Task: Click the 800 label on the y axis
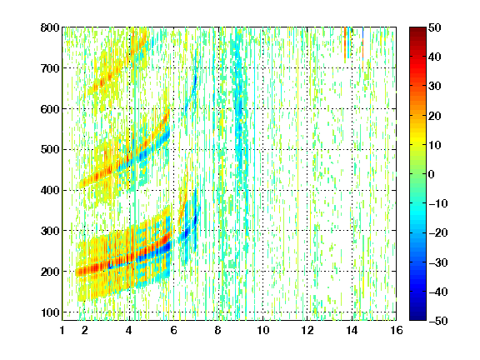pyautogui.click(x=50, y=27)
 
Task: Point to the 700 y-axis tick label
pyautogui.click(x=50, y=68)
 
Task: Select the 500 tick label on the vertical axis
pyautogui.click(x=50, y=150)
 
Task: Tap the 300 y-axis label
pyautogui.click(x=50, y=231)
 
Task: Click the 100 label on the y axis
pyautogui.click(x=50, y=312)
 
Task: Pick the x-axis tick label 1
pyautogui.click(x=62, y=330)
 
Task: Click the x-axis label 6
pyautogui.click(x=173, y=330)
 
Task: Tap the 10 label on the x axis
pyautogui.click(x=262, y=330)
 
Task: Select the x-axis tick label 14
pyautogui.click(x=352, y=330)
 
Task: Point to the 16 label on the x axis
pyautogui.click(x=397, y=330)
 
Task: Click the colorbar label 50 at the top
pyautogui.click(x=434, y=27)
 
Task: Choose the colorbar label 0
pyautogui.click(x=432, y=174)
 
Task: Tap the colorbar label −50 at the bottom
pyautogui.click(x=438, y=321)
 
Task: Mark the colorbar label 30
pyautogui.click(x=434, y=87)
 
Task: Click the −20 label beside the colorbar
pyautogui.click(x=438, y=232)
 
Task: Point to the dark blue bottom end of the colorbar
pyautogui.click(x=417, y=318)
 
